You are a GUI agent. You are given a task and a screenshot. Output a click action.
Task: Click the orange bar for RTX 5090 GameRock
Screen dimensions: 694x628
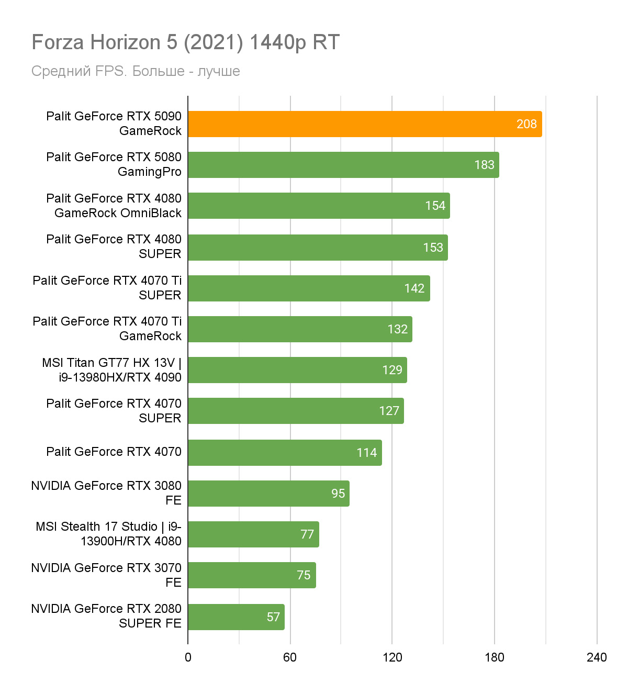365,124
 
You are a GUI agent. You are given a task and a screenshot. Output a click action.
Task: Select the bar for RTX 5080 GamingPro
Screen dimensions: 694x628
343,165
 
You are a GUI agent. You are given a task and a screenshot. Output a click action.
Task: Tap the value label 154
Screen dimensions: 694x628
435,206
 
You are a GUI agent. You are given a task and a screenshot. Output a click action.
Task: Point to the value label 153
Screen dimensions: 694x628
433,248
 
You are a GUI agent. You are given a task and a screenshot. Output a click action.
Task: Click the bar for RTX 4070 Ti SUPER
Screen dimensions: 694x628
309,288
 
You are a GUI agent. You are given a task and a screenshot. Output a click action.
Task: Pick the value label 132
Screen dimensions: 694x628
397,329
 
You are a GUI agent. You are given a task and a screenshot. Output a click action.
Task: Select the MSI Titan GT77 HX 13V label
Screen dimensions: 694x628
111,370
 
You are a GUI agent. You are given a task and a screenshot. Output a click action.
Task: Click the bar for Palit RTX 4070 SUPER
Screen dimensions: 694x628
296,411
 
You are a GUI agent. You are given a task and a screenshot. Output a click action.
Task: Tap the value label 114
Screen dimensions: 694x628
366,453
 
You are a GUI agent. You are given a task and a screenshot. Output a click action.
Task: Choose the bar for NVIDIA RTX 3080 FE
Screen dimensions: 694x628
268,494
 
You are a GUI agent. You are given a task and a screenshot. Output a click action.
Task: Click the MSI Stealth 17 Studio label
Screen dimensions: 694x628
108,534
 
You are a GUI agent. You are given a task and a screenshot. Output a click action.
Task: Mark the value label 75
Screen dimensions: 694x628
304,575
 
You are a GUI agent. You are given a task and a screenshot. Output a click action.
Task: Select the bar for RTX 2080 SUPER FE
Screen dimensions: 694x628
236,617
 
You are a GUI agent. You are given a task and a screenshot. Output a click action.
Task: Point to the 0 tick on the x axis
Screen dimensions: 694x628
188,657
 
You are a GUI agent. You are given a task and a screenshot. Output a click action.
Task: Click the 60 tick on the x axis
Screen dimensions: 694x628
290,657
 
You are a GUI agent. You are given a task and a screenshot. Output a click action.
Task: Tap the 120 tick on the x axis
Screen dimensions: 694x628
392,657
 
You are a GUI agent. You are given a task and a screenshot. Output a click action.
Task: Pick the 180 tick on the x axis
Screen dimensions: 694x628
494,657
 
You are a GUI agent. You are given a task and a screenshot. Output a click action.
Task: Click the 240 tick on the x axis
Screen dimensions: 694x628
597,657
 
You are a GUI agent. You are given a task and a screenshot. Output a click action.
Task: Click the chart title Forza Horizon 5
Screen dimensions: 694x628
186,42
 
